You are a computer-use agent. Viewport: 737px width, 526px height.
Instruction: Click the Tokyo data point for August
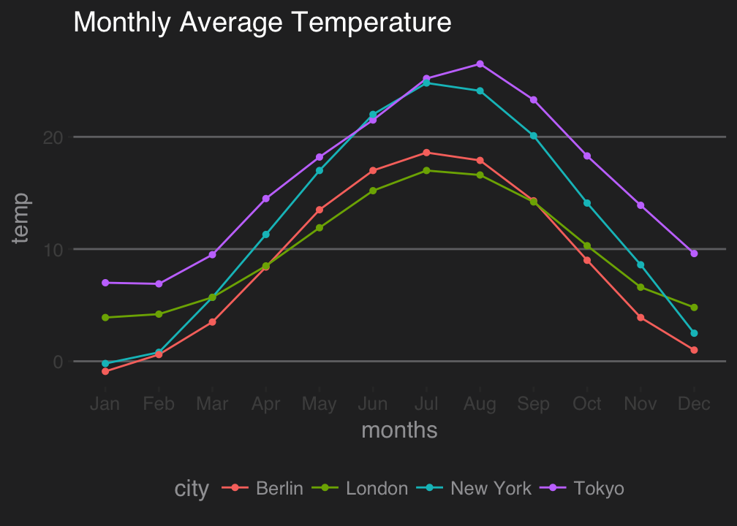pyautogui.click(x=480, y=64)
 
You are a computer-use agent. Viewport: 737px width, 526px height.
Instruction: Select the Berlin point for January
pyautogui.click(x=105, y=372)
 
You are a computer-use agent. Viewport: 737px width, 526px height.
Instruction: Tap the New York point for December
pyautogui.click(x=694, y=333)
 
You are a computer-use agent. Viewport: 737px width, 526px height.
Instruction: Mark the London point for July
pyautogui.click(x=426, y=170)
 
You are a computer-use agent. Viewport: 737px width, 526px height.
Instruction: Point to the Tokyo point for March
pyautogui.click(x=212, y=255)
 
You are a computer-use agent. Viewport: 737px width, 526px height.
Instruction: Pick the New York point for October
pyautogui.click(x=587, y=203)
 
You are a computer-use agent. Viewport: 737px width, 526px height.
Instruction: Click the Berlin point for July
pyautogui.click(x=426, y=153)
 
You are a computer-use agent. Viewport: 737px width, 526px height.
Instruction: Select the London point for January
pyautogui.click(x=105, y=318)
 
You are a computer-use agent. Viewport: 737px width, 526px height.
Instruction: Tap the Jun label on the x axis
pyautogui.click(x=373, y=404)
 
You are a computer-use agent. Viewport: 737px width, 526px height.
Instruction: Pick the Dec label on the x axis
pyautogui.click(x=694, y=404)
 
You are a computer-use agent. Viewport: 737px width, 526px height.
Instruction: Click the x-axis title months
pyautogui.click(x=399, y=430)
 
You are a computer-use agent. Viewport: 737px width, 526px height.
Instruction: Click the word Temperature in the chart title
pyautogui.click(x=371, y=23)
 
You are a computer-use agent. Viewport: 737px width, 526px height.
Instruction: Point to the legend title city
pyautogui.click(x=192, y=489)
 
